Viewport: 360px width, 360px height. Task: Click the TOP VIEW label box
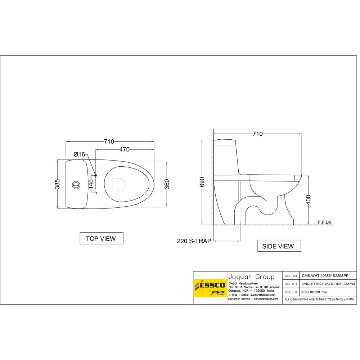click(x=101, y=238)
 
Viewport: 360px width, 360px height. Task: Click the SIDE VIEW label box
click(x=279, y=246)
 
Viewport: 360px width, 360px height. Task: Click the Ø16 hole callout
click(x=79, y=154)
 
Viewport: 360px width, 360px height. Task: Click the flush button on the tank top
click(x=76, y=184)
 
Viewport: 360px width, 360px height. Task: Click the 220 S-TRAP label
click(x=194, y=241)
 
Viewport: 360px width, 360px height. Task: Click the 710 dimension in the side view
click(x=257, y=134)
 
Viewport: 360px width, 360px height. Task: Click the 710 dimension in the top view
click(x=109, y=141)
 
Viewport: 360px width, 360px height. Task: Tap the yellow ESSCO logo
click(x=210, y=287)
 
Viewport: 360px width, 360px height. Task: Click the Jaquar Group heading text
click(x=251, y=277)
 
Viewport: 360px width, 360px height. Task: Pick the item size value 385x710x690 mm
click(x=314, y=292)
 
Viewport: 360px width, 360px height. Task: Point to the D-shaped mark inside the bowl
click(x=118, y=184)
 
